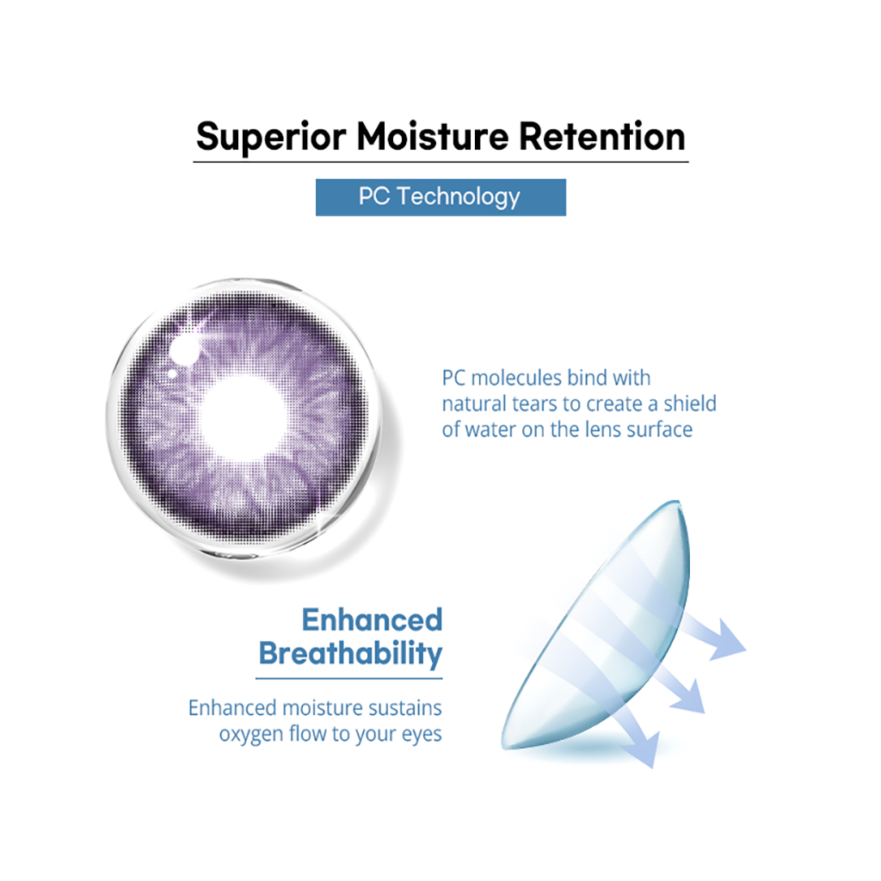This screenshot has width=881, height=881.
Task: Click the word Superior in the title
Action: tap(271, 138)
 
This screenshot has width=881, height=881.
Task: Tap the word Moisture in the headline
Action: tap(433, 137)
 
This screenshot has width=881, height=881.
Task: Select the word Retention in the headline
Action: tap(601, 137)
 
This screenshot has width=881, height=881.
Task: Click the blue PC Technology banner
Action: tap(440, 197)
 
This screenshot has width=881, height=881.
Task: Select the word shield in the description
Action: tap(690, 404)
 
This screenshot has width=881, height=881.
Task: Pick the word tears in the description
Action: tap(534, 404)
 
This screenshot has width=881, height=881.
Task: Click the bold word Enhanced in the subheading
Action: tap(372, 619)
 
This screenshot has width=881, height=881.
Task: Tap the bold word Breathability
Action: tap(351, 654)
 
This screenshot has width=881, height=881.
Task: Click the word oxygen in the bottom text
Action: tap(251, 735)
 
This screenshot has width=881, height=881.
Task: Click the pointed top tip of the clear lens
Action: tap(678, 502)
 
